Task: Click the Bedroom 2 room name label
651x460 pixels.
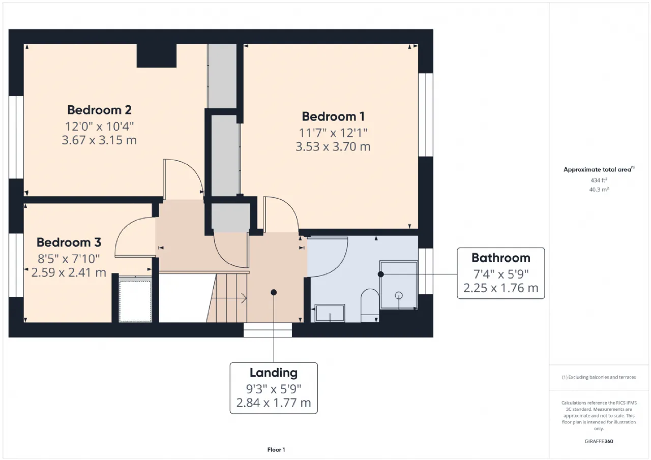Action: tap(99, 110)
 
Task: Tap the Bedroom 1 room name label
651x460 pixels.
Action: tap(333, 116)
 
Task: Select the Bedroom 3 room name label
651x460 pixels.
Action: tap(69, 242)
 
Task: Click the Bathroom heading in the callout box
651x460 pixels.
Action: tap(501, 258)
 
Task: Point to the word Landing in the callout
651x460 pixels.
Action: tap(274, 373)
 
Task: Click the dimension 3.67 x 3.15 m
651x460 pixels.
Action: tap(99, 140)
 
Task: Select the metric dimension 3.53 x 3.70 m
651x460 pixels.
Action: tap(333, 147)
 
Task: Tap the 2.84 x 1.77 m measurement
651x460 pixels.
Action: tap(274, 403)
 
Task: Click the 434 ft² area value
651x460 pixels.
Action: tap(599, 180)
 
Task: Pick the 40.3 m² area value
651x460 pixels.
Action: tap(599, 190)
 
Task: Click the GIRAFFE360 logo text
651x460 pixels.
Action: tap(599, 441)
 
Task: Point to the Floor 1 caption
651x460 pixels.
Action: tap(276, 450)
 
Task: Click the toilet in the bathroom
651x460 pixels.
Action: tap(370, 305)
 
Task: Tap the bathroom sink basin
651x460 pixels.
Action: tap(330, 313)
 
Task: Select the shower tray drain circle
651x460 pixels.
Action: tap(399, 295)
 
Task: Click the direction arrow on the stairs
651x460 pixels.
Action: tap(229, 298)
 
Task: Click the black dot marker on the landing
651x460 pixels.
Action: tap(274, 292)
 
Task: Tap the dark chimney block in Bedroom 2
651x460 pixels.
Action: tap(157, 56)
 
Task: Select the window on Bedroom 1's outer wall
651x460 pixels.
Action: tap(426, 115)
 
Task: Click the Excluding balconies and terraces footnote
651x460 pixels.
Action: tap(599, 377)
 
